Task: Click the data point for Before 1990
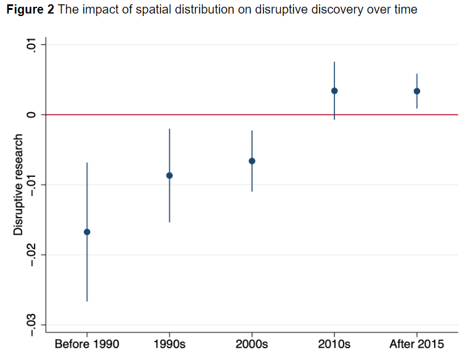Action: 87,232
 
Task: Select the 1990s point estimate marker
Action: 170,176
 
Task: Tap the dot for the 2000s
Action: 252,161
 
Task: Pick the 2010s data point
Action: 334,91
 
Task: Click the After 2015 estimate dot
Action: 417,91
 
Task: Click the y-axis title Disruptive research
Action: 19,184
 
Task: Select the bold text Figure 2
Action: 30,9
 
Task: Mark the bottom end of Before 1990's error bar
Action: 87,301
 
